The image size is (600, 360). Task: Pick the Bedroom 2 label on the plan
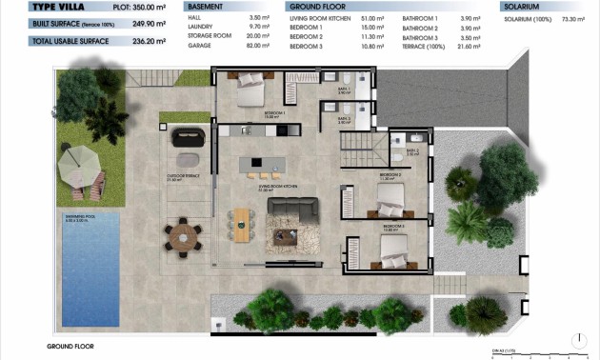[x=390, y=176]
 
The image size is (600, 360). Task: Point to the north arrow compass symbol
[x=577, y=338]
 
